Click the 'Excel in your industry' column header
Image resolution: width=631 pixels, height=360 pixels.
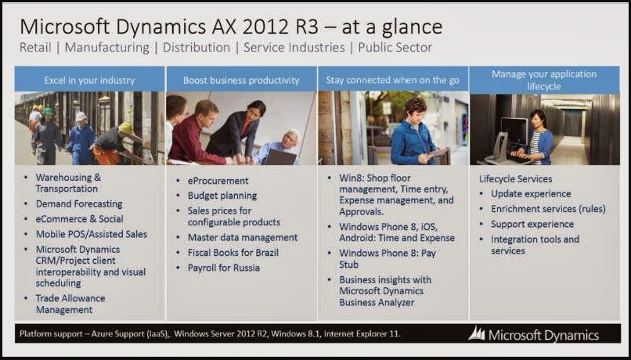[89, 80]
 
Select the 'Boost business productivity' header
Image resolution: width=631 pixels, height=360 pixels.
[241, 80]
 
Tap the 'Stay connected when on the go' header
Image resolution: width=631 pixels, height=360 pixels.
[392, 80]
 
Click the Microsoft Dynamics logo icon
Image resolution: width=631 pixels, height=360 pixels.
[477, 333]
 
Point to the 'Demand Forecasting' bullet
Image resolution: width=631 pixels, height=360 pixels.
[79, 204]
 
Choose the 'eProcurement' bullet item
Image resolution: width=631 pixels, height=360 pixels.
[218, 181]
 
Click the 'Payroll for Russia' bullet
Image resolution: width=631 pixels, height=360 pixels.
[223, 268]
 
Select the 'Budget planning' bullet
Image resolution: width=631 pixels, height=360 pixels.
[222, 196]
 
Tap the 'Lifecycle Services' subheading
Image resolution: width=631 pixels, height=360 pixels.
[515, 178]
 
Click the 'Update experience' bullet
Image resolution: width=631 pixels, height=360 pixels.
[531, 194]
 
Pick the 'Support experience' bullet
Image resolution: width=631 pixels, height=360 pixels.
[532, 224]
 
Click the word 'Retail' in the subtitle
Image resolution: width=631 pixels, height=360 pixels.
[35, 48]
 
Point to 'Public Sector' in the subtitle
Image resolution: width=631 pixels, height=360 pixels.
[395, 48]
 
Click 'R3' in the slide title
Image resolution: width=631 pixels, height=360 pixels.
[306, 27]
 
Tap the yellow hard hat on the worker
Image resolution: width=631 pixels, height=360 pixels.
[125, 128]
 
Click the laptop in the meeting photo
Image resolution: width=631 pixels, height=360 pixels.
[280, 157]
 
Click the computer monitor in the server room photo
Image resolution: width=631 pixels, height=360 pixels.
[514, 131]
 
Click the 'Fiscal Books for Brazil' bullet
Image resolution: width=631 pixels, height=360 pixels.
[233, 253]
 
